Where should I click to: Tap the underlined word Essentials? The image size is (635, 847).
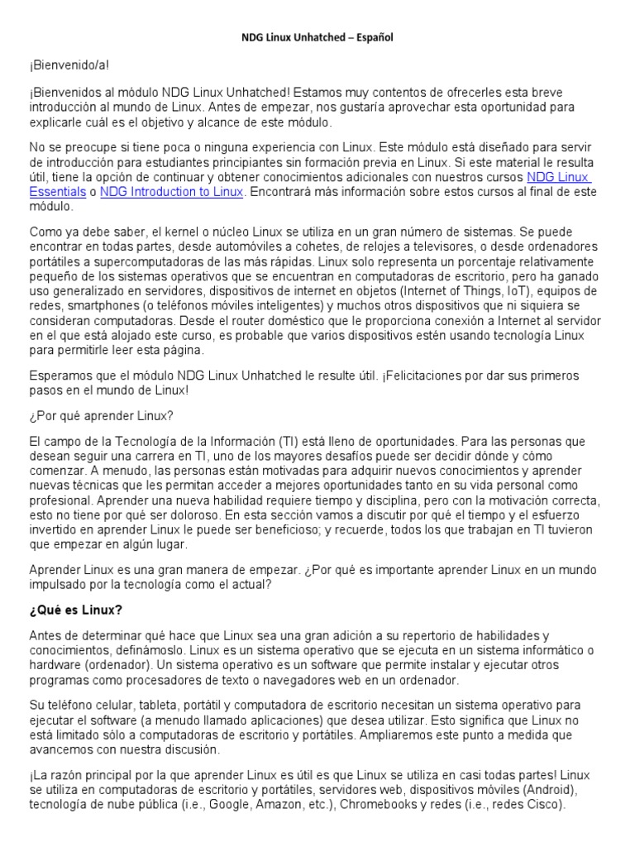(x=58, y=192)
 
